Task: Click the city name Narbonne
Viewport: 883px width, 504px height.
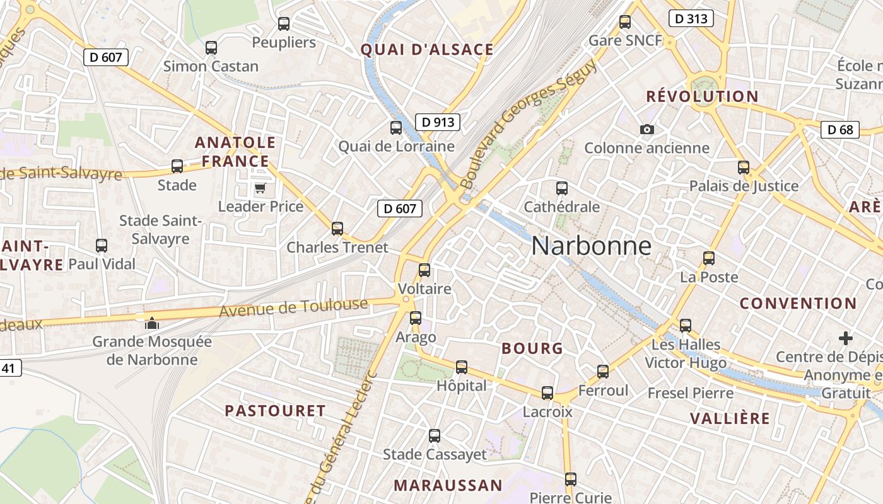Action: click(591, 246)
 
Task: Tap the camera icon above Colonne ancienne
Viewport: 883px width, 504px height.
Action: click(646, 130)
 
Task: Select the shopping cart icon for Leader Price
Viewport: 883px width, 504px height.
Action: click(260, 188)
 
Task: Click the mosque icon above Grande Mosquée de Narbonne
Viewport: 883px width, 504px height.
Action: click(151, 323)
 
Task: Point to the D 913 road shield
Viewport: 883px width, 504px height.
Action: click(437, 122)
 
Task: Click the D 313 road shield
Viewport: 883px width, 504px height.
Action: click(691, 19)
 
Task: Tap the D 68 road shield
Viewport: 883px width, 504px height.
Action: click(840, 130)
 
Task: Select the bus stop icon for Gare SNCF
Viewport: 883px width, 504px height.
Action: click(625, 22)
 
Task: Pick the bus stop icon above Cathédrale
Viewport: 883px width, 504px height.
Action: click(561, 188)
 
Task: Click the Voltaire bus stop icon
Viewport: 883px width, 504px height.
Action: click(424, 270)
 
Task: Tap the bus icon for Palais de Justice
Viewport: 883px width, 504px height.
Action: click(744, 168)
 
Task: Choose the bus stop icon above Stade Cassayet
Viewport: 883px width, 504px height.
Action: click(435, 435)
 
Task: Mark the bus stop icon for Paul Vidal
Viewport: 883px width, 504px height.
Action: click(102, 246)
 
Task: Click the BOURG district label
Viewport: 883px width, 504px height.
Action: click(532, 348)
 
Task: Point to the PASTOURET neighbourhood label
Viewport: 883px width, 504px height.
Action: click(275, 411)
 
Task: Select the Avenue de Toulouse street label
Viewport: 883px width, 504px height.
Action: click(293, 308)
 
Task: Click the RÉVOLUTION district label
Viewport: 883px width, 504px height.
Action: click(702, 96)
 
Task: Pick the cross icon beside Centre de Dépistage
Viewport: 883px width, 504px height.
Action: click(846, 338)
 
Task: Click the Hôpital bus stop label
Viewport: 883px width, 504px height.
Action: click(462, 386)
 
